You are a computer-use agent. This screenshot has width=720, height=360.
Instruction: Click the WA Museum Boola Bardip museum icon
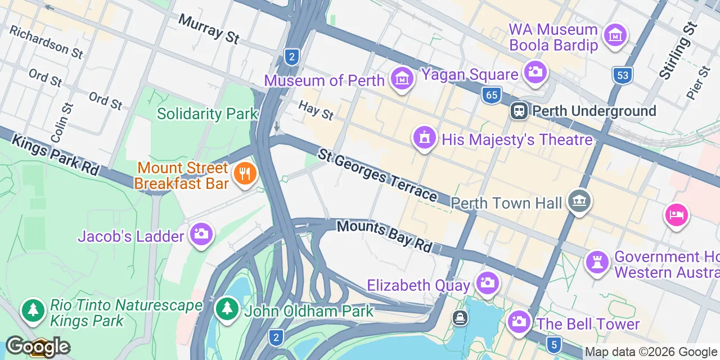[615, 36]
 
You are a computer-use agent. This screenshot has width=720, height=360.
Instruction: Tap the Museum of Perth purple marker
[402, 80]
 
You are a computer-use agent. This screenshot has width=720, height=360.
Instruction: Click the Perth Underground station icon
[519, 111]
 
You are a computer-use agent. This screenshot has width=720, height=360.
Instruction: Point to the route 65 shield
[491, 95]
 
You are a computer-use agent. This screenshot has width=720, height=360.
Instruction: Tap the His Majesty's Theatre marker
[424, 137]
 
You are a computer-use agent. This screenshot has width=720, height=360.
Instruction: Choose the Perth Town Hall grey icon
[579, 200]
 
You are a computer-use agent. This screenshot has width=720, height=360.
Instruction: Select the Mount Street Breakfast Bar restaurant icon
[245, 174]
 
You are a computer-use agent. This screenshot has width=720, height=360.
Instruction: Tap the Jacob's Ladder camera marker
[201, 233]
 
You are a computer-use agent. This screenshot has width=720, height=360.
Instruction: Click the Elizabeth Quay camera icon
[487, 282]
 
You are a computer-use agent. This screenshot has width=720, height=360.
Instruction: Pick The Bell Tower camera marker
[518, 322]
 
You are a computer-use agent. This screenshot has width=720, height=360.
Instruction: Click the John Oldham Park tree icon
[227, 308]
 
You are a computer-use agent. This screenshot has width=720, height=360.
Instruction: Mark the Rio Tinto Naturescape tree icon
[33, 310]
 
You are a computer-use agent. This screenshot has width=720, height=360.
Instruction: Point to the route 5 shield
[554, 343]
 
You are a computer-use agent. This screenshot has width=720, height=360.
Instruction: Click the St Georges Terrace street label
[377, 175]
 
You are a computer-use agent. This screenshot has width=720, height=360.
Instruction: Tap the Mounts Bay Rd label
[385, 236]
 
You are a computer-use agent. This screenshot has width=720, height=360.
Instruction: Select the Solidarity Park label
[207, 114]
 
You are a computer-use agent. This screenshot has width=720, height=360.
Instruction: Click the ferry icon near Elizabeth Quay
[460, 318]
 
